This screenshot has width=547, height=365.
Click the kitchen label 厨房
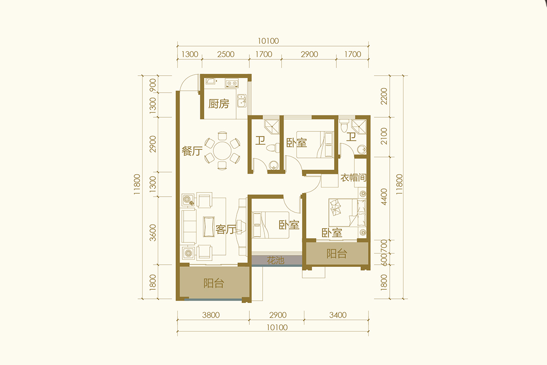click(219, 104)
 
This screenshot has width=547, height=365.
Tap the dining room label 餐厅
click(192, 151)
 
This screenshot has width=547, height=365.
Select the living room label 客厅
click(226, 229)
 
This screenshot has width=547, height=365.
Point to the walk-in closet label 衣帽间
click(354, 178)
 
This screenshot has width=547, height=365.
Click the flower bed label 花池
click(275, 261)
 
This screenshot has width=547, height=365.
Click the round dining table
click(222, 151)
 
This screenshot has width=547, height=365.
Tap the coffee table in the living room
click(209, 227)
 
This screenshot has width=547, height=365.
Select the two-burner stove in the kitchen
click(232, 83)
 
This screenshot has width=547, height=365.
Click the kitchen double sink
click(242, 100)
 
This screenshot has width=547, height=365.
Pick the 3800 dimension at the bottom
click(211, 315)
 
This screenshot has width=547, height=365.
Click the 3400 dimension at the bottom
click(338, 315)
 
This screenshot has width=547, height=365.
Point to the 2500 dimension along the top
click(226, 54)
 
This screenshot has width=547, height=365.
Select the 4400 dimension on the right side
click(384, 197)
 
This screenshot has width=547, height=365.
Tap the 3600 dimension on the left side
click(153, 233)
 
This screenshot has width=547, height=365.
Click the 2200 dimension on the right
click(384, 96)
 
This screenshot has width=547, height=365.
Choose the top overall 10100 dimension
click(268, 41)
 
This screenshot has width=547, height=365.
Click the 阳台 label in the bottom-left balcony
click(214, 283)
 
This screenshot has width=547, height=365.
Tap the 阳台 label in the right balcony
click(337, 254)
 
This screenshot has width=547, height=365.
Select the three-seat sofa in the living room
click(189, 227)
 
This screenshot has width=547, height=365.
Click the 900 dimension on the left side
click(153, 85)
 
